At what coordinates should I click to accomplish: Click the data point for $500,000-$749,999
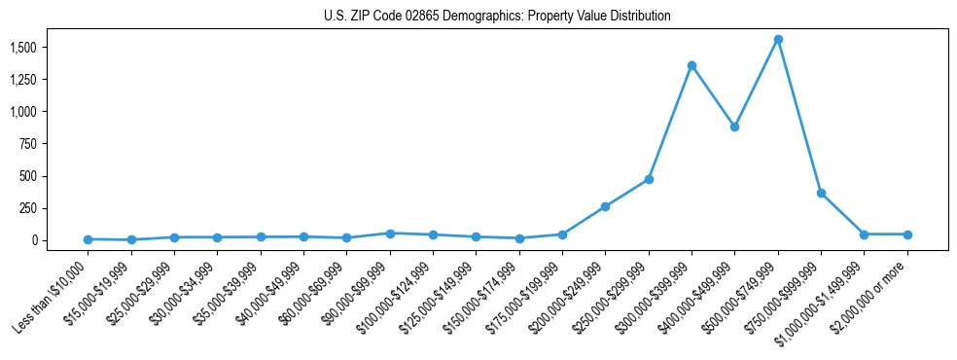tap(778, 39)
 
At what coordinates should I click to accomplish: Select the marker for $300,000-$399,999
tap(691, 65)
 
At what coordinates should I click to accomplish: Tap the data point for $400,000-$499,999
tap(734, 126)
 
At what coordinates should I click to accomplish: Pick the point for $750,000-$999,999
tap(821, 193)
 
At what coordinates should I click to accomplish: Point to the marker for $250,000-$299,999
tap(649, 179)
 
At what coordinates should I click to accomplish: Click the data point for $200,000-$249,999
tap(605, 206)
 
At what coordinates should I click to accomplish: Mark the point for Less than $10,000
tap(88, 239)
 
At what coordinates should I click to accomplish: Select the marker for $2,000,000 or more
tap(907, 234)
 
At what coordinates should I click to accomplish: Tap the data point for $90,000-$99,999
tap(390, 234)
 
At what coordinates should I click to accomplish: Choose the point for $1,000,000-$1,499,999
tap(864, 234)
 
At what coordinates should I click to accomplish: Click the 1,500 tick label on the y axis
tap(22, 48)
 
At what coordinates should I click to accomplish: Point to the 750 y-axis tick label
tap(28, 144)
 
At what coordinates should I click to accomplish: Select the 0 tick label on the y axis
tap(33, 240)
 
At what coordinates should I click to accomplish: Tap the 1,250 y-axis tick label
tap(22, 80)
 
